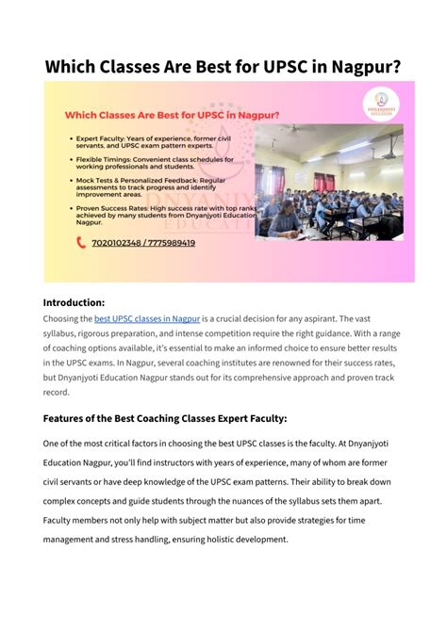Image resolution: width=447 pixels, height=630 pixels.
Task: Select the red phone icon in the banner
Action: (x=80, y=242)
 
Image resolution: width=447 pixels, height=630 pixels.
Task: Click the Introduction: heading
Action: (x=74, y=303)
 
